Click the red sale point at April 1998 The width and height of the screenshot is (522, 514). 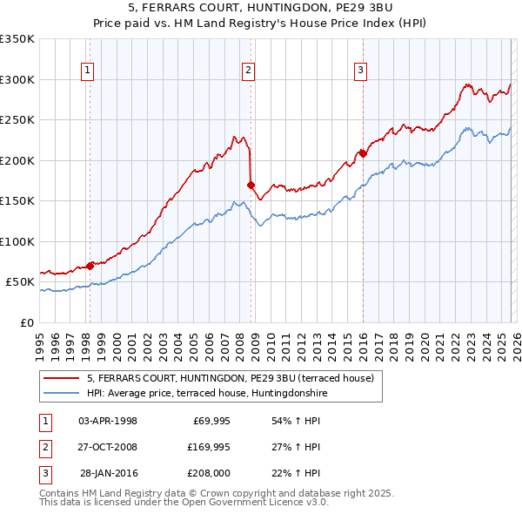(90, 266)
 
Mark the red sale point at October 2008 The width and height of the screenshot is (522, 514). (251, 185)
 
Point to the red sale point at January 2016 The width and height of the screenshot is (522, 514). (362, 153)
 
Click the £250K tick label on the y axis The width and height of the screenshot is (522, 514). (17, 120)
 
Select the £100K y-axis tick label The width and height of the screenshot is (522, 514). (17, 241)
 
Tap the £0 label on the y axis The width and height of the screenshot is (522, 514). (28, 322)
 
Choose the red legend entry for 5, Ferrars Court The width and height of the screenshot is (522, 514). (230, 378)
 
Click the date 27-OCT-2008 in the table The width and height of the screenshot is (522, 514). (107, 447)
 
